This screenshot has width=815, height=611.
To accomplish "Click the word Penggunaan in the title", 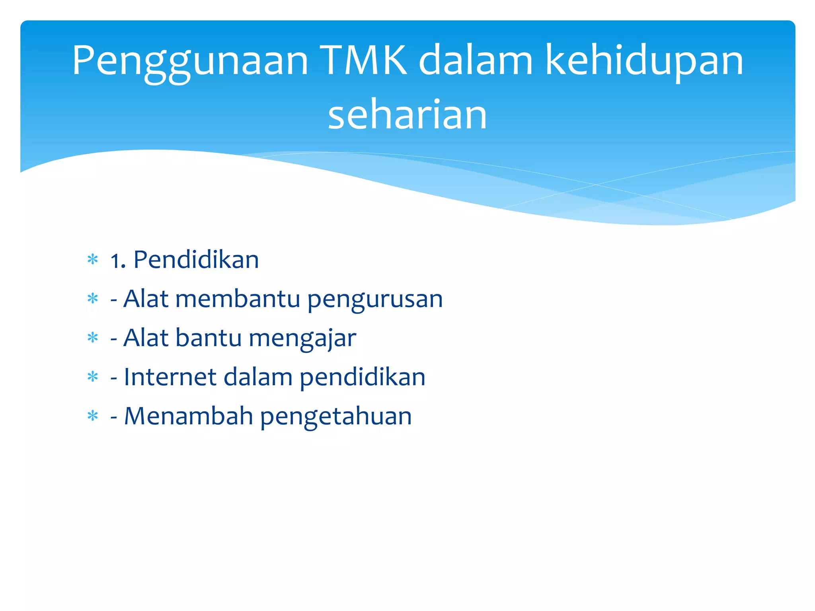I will pos(190,62).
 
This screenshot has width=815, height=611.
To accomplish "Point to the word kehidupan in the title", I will pos(644,62).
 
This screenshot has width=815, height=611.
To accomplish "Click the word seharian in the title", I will pos(407,115).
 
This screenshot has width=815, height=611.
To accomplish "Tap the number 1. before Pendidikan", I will pos(118,261).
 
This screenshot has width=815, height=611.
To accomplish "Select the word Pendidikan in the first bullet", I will pos(196,260).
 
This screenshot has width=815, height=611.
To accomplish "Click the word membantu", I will pos(238,299).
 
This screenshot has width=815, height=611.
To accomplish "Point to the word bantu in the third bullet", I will pos(209,338).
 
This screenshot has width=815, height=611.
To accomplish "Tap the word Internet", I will pos(170,377).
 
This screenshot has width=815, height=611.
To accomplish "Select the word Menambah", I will pos(189,416).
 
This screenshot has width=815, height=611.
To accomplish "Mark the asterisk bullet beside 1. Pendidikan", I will pos(93,260).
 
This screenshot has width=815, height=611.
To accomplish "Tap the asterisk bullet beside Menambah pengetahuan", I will pos(93,416).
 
